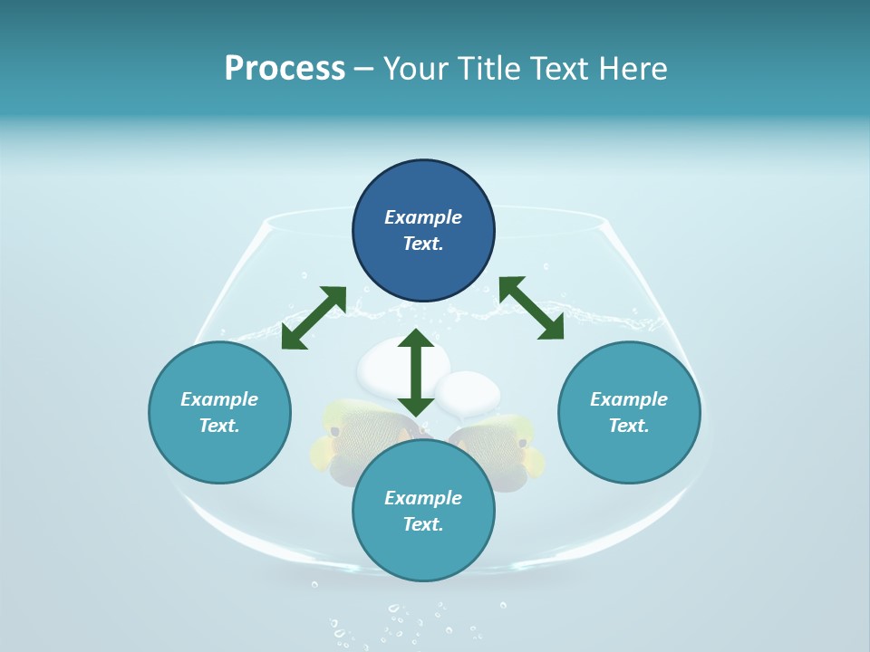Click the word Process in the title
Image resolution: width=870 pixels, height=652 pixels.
tap(285, 69)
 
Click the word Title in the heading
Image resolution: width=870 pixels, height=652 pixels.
tap(490, 69)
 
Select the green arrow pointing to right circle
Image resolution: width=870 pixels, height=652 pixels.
tap(531, 308)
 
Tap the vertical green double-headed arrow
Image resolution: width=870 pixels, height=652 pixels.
tap(416, 372)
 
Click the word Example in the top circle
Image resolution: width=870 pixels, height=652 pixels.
tap(423, 217)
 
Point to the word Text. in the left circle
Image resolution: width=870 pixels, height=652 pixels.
tap(219, 426)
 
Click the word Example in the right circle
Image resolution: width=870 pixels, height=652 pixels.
tap(629, 399)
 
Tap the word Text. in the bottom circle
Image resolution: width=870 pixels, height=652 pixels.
tap(423, 524)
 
